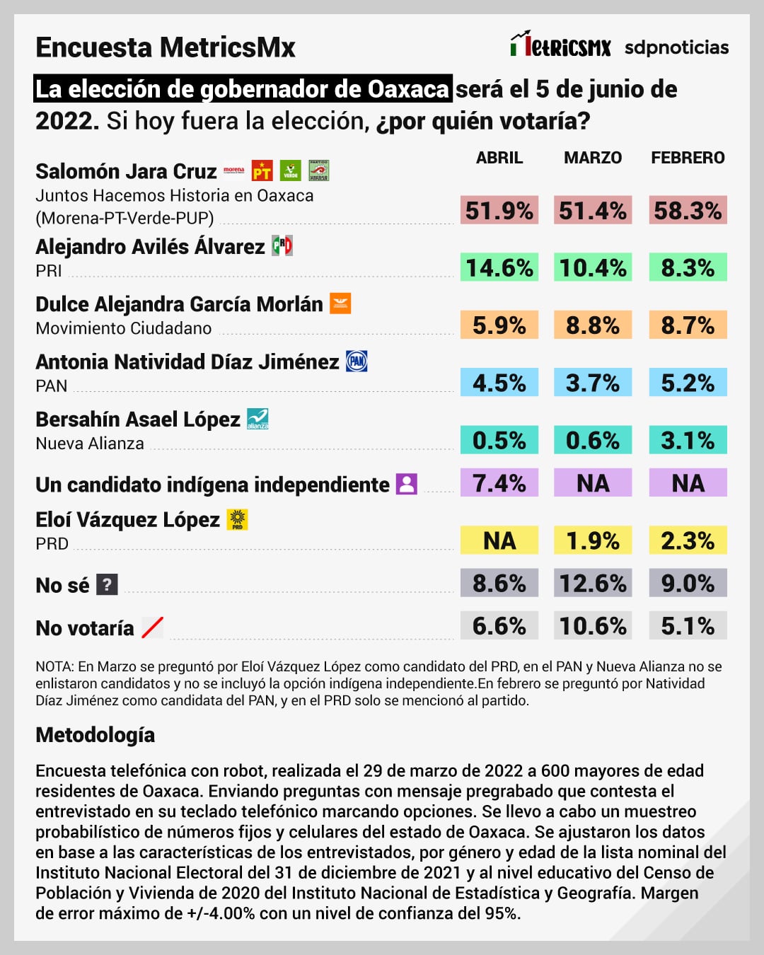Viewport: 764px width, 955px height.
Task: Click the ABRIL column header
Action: pyautogui.click(x=499, y=158)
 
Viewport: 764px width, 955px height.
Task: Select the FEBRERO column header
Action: pyautogui.click(x=688, y=158)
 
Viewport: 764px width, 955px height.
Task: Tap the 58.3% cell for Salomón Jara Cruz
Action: pyautogui.click(x=688, y=211)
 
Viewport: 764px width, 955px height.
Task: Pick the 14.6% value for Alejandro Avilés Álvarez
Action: pyautogui.click(x=499, y=268)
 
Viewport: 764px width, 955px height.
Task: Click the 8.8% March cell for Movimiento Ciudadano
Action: pyautogui.click(x=593, y=325)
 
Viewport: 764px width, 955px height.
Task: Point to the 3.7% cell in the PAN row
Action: pyautogui.click(x=593, y=383)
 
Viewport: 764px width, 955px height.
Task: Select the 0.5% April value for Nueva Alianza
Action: pyautogui.click(x=499, y=440)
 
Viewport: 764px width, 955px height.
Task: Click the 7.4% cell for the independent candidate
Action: pyautogui.click(x=499, y=483)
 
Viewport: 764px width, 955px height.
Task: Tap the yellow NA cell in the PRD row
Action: pyautogui.click(x=499, y=540)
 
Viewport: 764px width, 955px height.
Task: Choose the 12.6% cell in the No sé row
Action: pyautogui.click(x=593, y=584)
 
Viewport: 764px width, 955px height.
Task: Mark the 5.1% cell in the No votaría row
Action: pyautogui.click(x=688, y=626)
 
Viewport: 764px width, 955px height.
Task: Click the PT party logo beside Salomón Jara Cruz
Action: pyautogui.click(x=262, y=170)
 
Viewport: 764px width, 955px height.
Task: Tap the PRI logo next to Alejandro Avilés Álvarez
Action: pyautogui.click(x=282, y=245)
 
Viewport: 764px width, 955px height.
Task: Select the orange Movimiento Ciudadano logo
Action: pyautogui.click(x=340, y=303)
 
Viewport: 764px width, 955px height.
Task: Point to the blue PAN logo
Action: pyautogui.click(x=357, y=361)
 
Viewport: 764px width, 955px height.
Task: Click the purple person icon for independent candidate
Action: pyautogui.click(x=406, y=484)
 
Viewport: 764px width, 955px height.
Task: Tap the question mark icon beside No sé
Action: pyautogui.click(x=107, y=584)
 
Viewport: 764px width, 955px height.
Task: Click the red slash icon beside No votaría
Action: pyautogui.click(x=152, y=627)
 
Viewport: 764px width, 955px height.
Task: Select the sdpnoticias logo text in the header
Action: pyautogui.click(x=676, y=47)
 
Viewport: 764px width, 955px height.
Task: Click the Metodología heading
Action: pyautogui.click(x=95, y=735)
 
